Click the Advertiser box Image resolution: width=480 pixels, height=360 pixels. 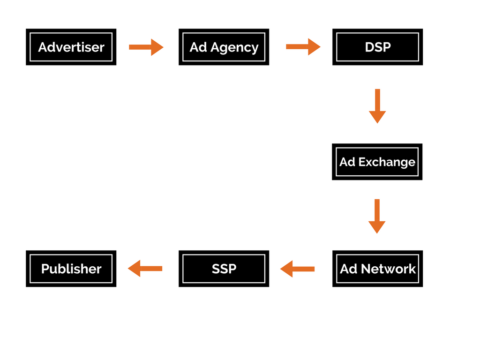click(71, 47)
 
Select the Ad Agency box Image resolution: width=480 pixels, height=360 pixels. click(224, 47)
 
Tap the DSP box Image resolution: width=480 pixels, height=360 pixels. click(377, 47)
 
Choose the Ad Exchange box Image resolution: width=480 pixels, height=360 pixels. click(377, 162)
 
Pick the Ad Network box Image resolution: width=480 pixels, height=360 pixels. click(377, 269)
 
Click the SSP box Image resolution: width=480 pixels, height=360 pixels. click(224, 269)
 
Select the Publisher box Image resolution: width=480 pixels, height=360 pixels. click(71, 269)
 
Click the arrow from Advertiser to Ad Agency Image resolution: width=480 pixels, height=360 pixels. click(146, 47)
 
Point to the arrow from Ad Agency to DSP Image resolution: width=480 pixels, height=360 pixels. click(303, 47)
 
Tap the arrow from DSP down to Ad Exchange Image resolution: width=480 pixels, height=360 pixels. click(377, 106)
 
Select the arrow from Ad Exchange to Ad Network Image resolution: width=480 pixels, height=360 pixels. click(377, 216)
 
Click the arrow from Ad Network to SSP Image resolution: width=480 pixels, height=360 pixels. click(298, 269)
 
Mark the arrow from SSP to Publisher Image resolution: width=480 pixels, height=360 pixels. click(145, 269)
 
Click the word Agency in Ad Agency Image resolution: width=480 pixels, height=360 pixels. click(234, 48)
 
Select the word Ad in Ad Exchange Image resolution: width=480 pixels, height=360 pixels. click(347, 162)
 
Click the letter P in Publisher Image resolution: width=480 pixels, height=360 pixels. click(45, 269)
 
